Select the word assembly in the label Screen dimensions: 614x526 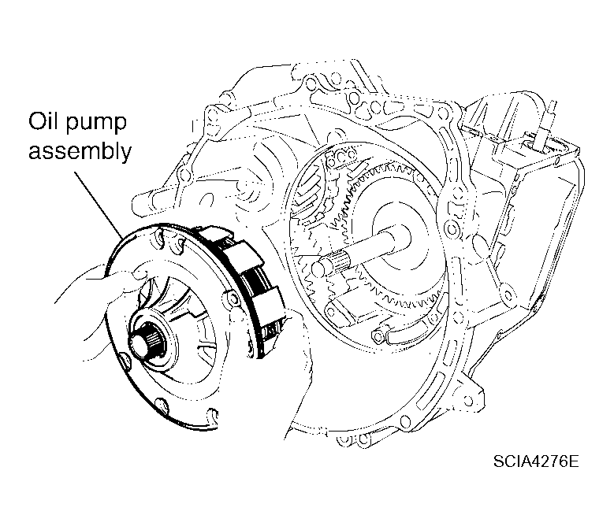[80, 153]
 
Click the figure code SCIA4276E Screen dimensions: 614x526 [536, 461]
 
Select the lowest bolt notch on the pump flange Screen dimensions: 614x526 [162, 404]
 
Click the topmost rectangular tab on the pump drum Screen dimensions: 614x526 [214, 234]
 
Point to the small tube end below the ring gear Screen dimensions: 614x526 [378, 336]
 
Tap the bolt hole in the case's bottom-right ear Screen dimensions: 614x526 [467, 400]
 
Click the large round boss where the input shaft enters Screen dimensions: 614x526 [392, 236]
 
